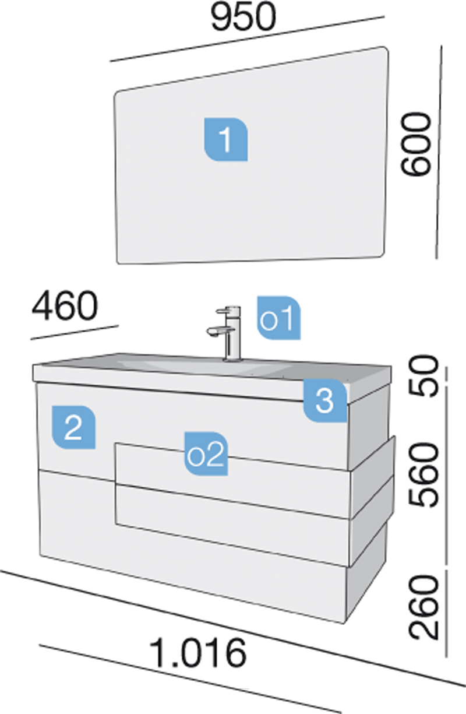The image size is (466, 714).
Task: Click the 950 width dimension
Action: (x=243, y=16)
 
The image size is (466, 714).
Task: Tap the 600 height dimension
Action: (x=416, y=144)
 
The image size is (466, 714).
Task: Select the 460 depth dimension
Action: (x=65, y=306)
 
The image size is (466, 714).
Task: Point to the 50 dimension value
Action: (x=423, y=377)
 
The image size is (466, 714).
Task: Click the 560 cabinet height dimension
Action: (x=423, y=475)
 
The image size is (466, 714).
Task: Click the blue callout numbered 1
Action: (x=226, y=139)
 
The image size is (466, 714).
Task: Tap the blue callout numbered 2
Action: (x=73, y=428)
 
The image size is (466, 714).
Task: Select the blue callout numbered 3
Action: (x=325, y=400)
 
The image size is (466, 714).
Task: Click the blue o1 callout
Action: (x=278, y=318)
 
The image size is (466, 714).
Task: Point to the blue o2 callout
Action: (x=206, y=454)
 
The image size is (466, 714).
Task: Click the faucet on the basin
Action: (x=226, y=333)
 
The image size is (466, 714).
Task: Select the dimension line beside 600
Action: (x=439, y=152)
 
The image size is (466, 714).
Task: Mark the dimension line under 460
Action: (x=75, y=332)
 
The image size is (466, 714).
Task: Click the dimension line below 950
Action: (x=247, y=38)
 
